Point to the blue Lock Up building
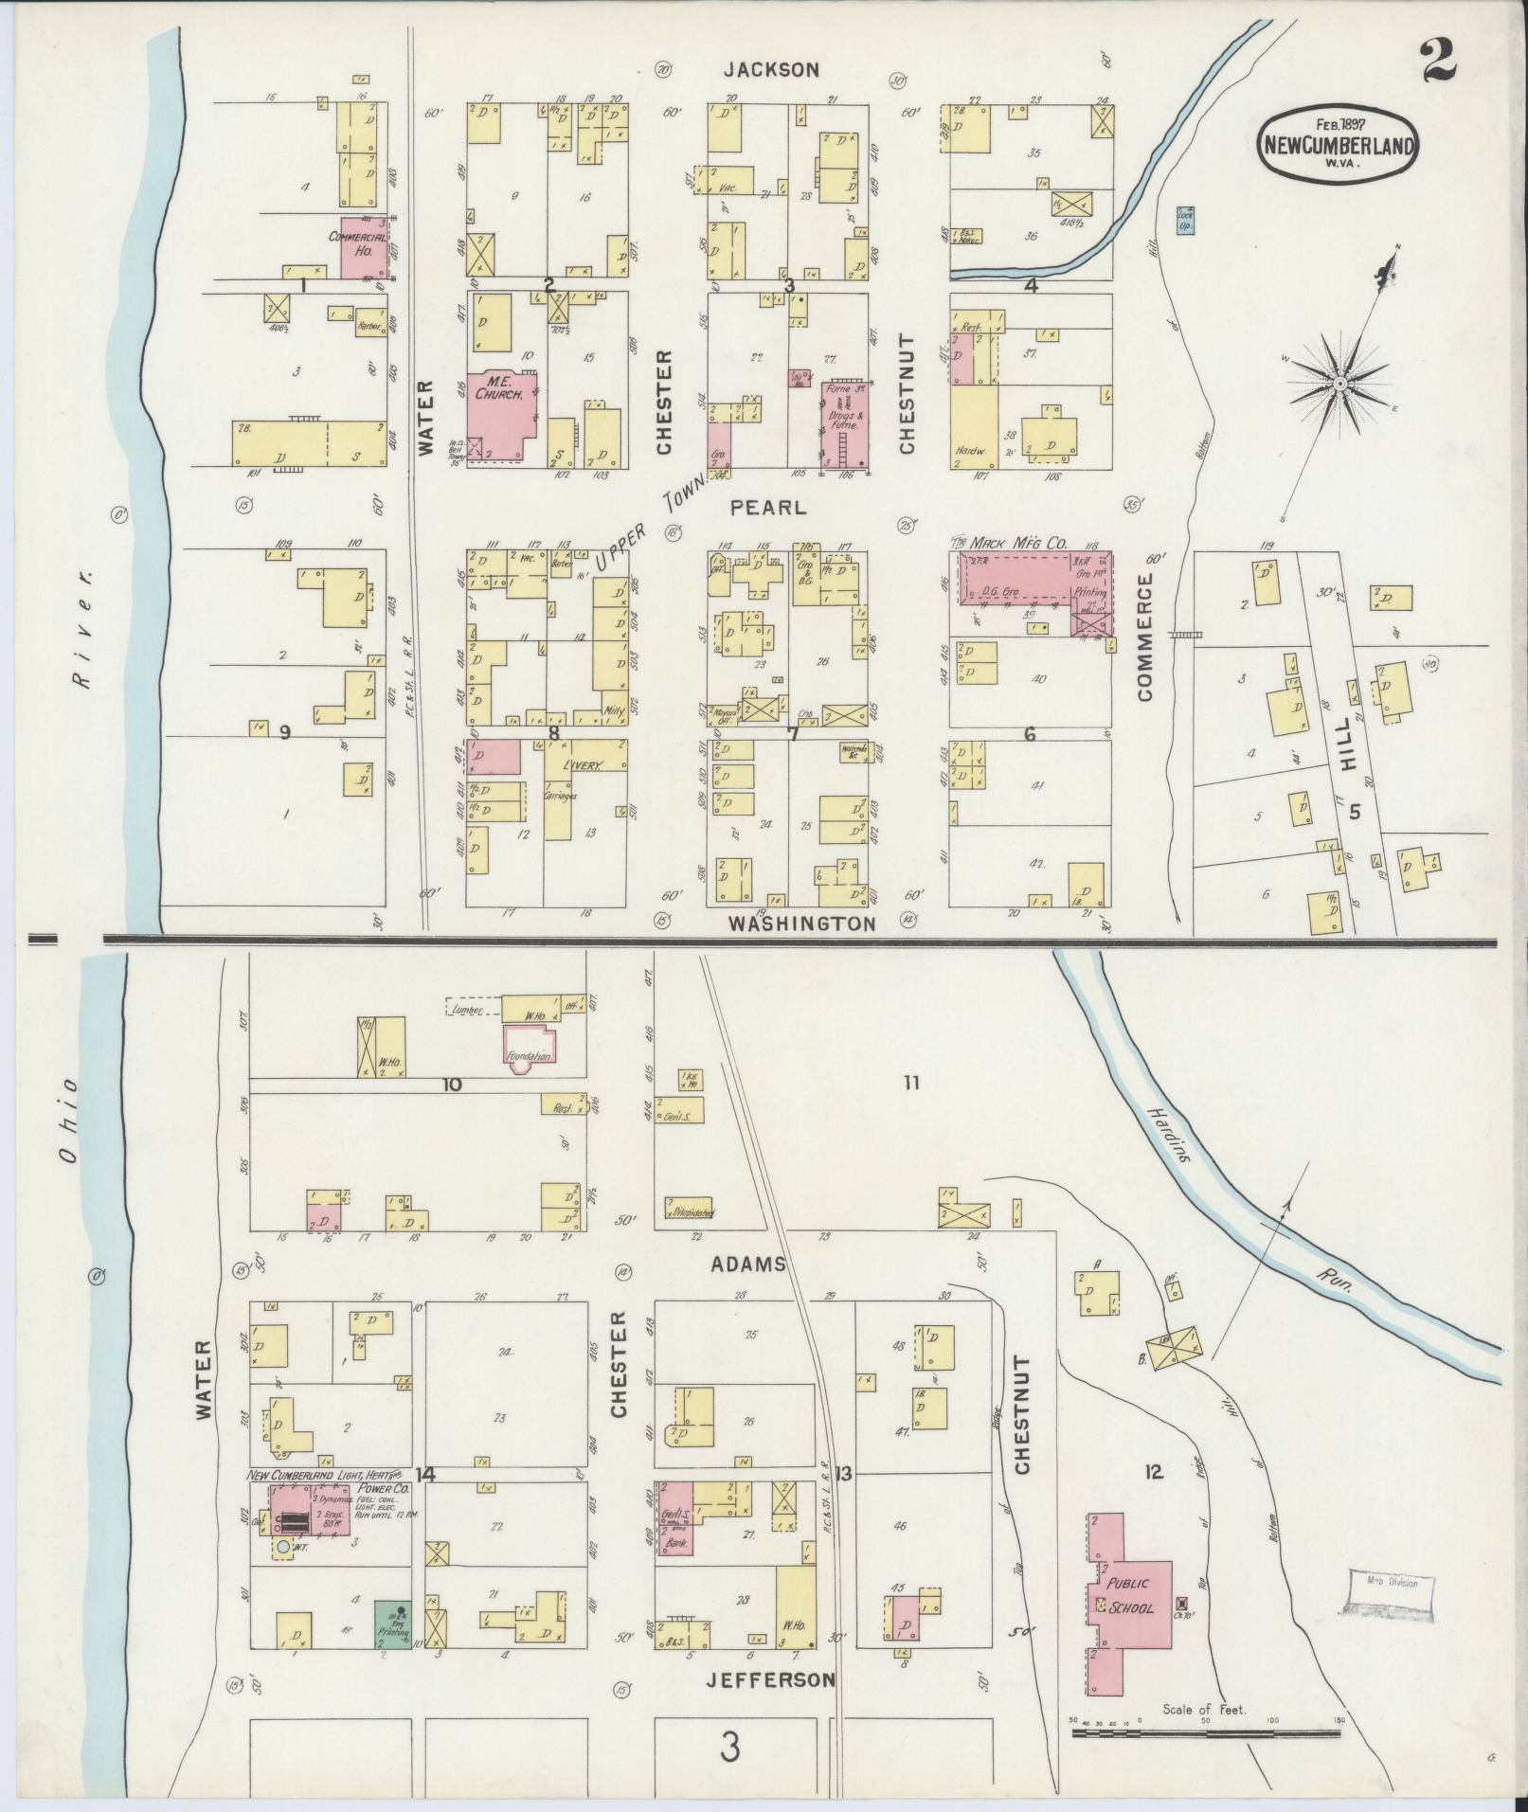pyautogui.click(x=1184, y=220)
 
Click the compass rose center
pyautogui.click(x=1339, y=383)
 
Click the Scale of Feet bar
pyautogui.click(x=1206, y=1732)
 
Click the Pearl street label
pyautogui.click(x=768, y=508)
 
